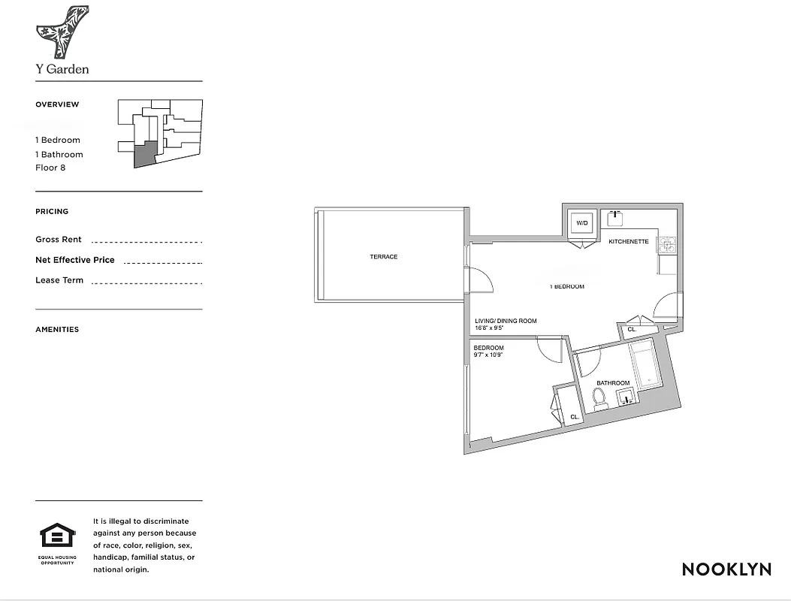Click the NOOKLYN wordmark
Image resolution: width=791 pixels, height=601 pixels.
pyautogui.click(x=726, y=569)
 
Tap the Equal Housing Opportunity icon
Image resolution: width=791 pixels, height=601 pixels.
pyautogui.click(x=56, y=537)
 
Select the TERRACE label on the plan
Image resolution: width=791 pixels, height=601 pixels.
pyautogui.click(x=383, y=257)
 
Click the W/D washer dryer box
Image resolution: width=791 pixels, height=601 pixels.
pyautogui.click(x=582, y=224)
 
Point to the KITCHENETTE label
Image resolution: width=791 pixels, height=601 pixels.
pyautogui.click(x=628, y=241)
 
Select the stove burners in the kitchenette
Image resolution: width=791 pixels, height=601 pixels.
pyautogui.click(x=666, y=244)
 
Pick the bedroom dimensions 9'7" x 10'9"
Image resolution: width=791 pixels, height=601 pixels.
pyautogui.click(x=488, y=355)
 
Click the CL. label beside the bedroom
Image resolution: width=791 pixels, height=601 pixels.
pyautogui.click(x=574, y=416)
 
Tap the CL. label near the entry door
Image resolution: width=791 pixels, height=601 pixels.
pyautogui.click(x=631, y=329)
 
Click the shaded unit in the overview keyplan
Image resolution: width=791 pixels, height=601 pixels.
pyautogui.click(x=146, y=153)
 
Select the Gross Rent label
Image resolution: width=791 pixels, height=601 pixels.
pyautogui.click(x=59, y=240)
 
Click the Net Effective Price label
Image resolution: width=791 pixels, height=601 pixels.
pyautogui.click(x=75, y=260)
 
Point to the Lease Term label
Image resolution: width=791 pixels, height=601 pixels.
pyautogui.click(x=59, y=280)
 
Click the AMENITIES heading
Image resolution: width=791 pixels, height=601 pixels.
pyautogui.click(x=57, y=329)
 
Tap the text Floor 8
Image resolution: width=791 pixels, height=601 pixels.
pyautogui.click(x=50, y=168)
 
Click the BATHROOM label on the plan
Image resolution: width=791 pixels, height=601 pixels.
pyautogui.click(x=613, y=383)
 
